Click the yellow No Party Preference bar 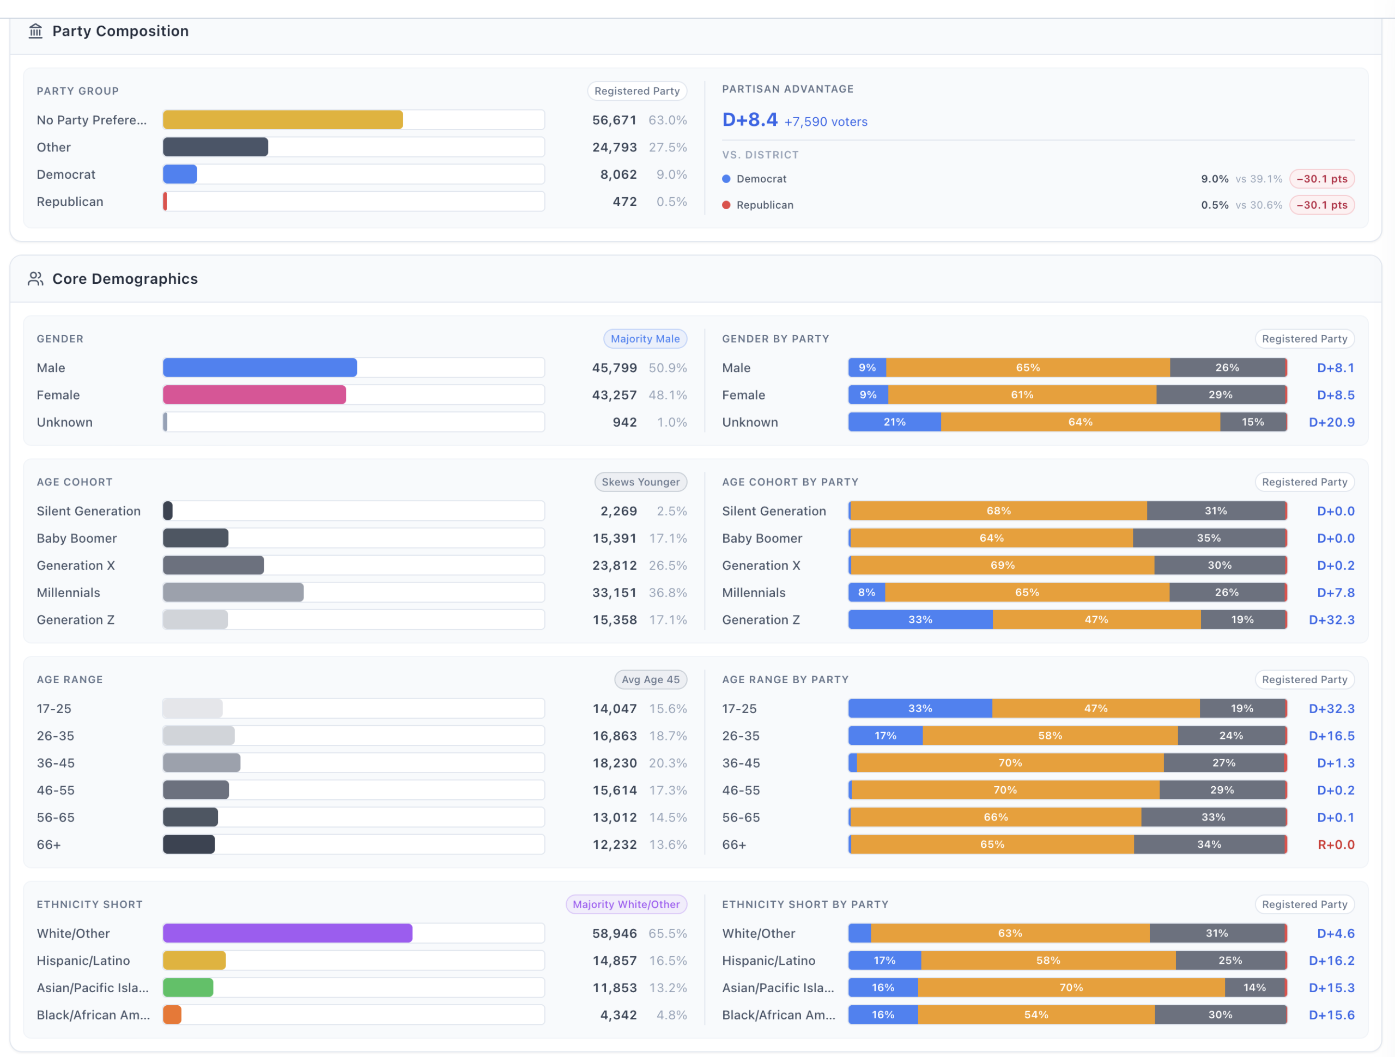[x=282, y=120]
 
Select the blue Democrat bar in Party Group [x=180, y=174]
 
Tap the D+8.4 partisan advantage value [x=750, y=120]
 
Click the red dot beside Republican [x=726, y=205]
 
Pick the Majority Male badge [x=645, y=339]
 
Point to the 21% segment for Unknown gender [x=894, y=422]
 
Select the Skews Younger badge [x=640, y=482]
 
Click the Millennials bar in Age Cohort [x=233, y=592]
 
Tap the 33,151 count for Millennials [x=614, y=592]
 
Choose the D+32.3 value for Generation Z [x=1331, y=619]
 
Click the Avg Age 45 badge [x=650, y=679]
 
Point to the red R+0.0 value [x=1336, y=845]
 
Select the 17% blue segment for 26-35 [x=885, y=736]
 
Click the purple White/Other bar [x=288, y=933]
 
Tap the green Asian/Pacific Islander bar [x=188, y=987]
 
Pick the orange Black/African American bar [x=172, y=1014]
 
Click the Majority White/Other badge [x=626, y=904]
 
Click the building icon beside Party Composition [x=35, y=31]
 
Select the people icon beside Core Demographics [x=35, y=279]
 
